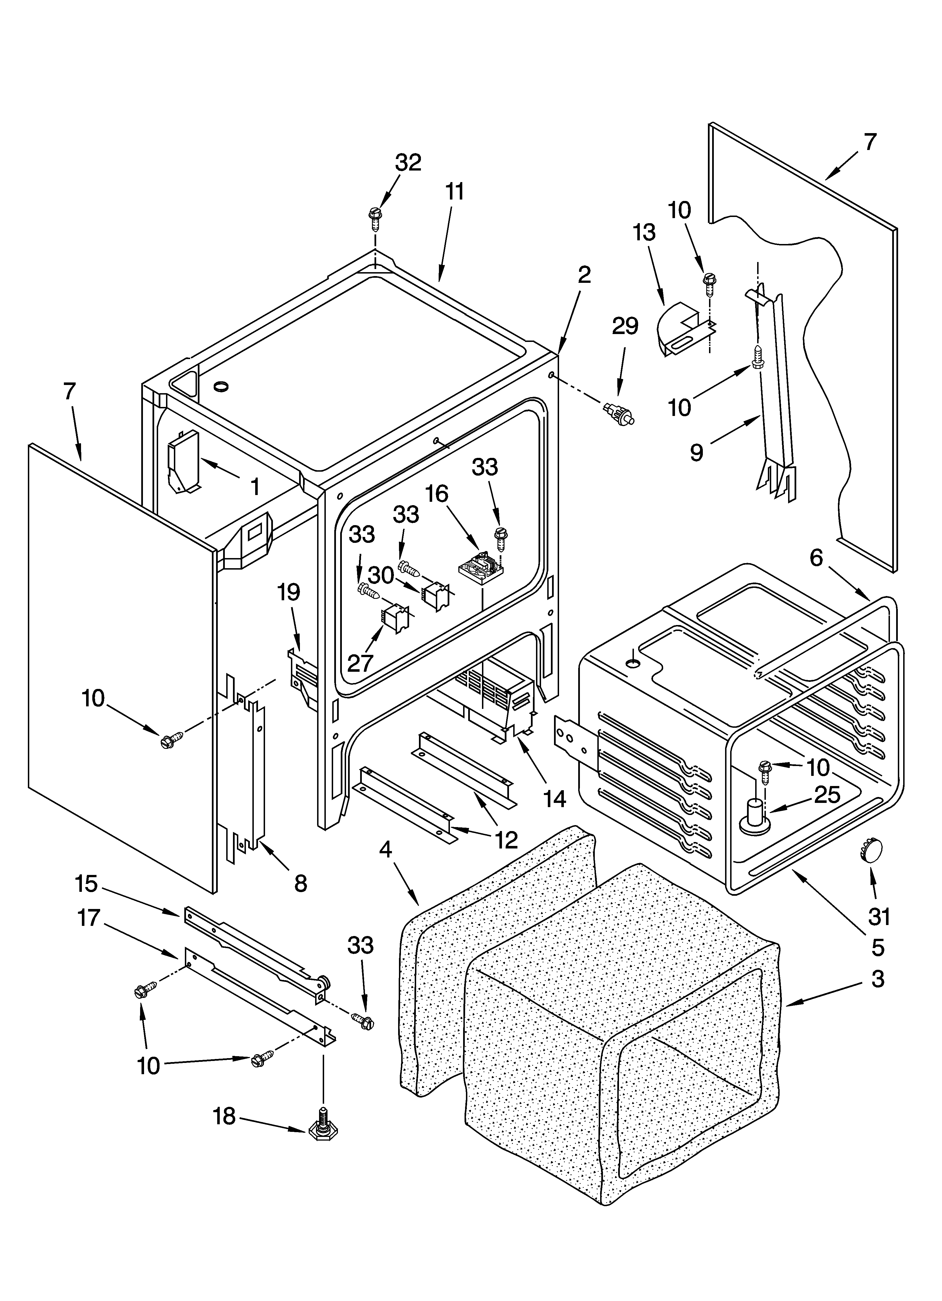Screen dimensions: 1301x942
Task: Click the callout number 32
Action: click(x=408, y=163)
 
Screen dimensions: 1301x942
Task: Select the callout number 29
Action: click(x=625, y=326)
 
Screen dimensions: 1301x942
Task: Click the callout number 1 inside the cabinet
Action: click(x=255, y=487)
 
